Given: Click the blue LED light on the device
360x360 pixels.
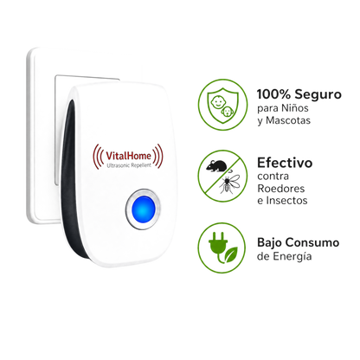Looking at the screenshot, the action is coord(143,209).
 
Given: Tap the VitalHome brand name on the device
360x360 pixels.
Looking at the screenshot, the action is coord(128,156).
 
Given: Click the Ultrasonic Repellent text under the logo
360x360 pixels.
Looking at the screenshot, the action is coord(129,165).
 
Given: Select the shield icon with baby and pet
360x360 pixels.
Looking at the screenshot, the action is coord(222,105).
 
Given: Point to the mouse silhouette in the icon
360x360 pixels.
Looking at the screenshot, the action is coord(216,165).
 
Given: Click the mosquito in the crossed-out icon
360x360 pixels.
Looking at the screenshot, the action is coord(229,183).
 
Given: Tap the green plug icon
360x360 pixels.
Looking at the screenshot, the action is coord(218,246).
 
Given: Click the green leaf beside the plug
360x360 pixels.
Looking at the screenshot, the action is coord(231,254).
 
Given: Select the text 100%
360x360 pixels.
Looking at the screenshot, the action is coord(273,94).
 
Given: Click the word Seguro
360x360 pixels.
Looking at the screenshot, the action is coord(318,95).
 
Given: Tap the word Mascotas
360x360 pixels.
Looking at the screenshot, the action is coord(288,120).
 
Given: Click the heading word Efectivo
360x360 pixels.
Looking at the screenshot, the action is coord(285,163).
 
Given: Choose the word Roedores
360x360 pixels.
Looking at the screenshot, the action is coord(281,189).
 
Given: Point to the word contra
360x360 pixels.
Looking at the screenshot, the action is coord(273,177).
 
